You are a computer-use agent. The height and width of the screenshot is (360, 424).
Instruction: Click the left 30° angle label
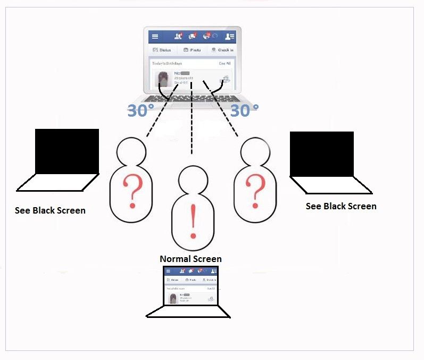tap(140, 110)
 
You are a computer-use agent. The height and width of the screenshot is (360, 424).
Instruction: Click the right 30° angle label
tap(244, 110)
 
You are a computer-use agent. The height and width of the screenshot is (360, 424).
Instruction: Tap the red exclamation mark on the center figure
tap(193, 221)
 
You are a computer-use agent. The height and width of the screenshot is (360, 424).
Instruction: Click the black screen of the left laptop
tap(66, 151)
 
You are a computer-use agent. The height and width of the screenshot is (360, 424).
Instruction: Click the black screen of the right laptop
tap(321, 154)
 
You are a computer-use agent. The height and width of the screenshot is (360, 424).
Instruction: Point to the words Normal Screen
tap(190, 259)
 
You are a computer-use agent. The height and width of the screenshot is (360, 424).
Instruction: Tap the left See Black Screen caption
tap(50, 210)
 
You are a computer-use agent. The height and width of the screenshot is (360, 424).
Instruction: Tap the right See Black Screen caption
tap(341, 206)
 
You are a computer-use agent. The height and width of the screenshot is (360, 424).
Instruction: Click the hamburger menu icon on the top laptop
tap(155, 37)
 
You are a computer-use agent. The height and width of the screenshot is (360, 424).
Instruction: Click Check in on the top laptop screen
tap(222, 50)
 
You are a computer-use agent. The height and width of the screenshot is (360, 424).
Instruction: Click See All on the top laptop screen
tap(225, 63)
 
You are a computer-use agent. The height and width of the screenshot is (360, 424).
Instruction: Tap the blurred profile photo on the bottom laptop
tap(173, 298)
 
